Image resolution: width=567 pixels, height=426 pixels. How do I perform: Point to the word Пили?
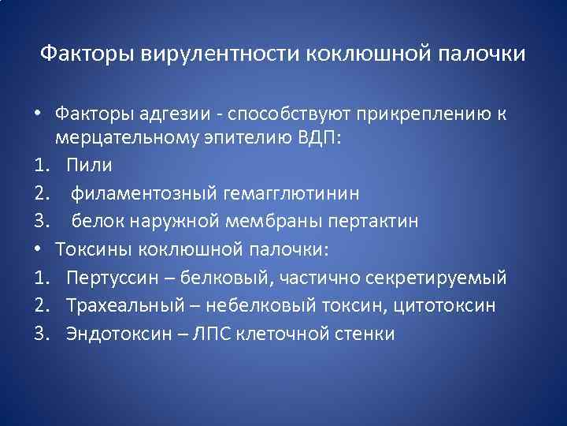pos(90,166)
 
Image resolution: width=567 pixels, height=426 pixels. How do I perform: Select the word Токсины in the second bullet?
pos(95,249)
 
